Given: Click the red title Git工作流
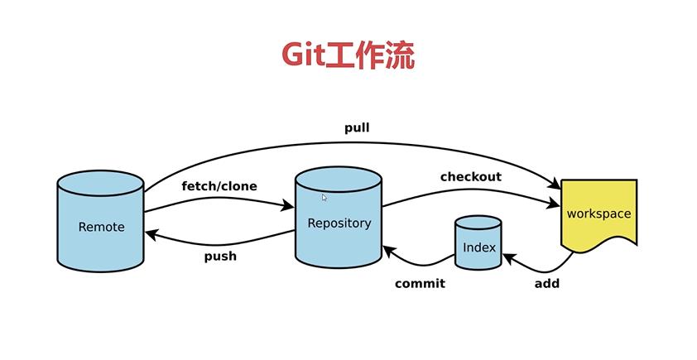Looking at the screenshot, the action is coord(348,55).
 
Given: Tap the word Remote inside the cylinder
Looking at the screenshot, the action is coord(101,227).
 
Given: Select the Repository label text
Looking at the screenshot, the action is coord(339,223).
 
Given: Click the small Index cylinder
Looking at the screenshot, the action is coord(478,242).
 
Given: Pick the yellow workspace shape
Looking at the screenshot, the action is coord(598,215).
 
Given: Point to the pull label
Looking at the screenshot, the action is coord(357,128).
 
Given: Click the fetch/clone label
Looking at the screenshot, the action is coord(219,185).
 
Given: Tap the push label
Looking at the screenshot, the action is coord(220,257).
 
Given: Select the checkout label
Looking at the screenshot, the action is coord(471,176).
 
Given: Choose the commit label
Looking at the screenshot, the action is coord(420,283).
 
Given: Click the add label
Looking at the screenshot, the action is coord(546,283).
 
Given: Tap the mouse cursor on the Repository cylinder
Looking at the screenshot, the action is coord(324,198).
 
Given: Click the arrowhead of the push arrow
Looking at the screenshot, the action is coord(151,233).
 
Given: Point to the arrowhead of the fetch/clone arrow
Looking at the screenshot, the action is coord(287,205).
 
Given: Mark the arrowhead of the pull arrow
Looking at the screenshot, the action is coord(555,183).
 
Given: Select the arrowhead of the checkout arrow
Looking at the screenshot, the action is coord(554,204).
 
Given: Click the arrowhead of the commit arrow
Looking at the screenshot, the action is coord(388,252).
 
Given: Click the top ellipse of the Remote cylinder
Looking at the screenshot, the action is coord(100,183).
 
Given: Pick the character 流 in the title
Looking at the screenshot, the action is coord(400,55).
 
